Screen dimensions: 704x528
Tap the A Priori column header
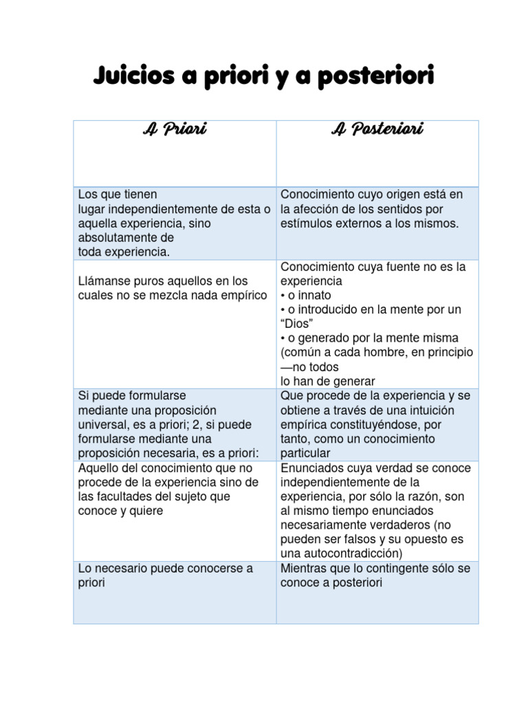(x=175, y=129)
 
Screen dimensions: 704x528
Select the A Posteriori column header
(x=377, y=129)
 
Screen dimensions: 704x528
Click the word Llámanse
(x=104, y=281)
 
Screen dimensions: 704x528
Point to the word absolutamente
(x=117, y=238)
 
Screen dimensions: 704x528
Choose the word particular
(x=305, y=453)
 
